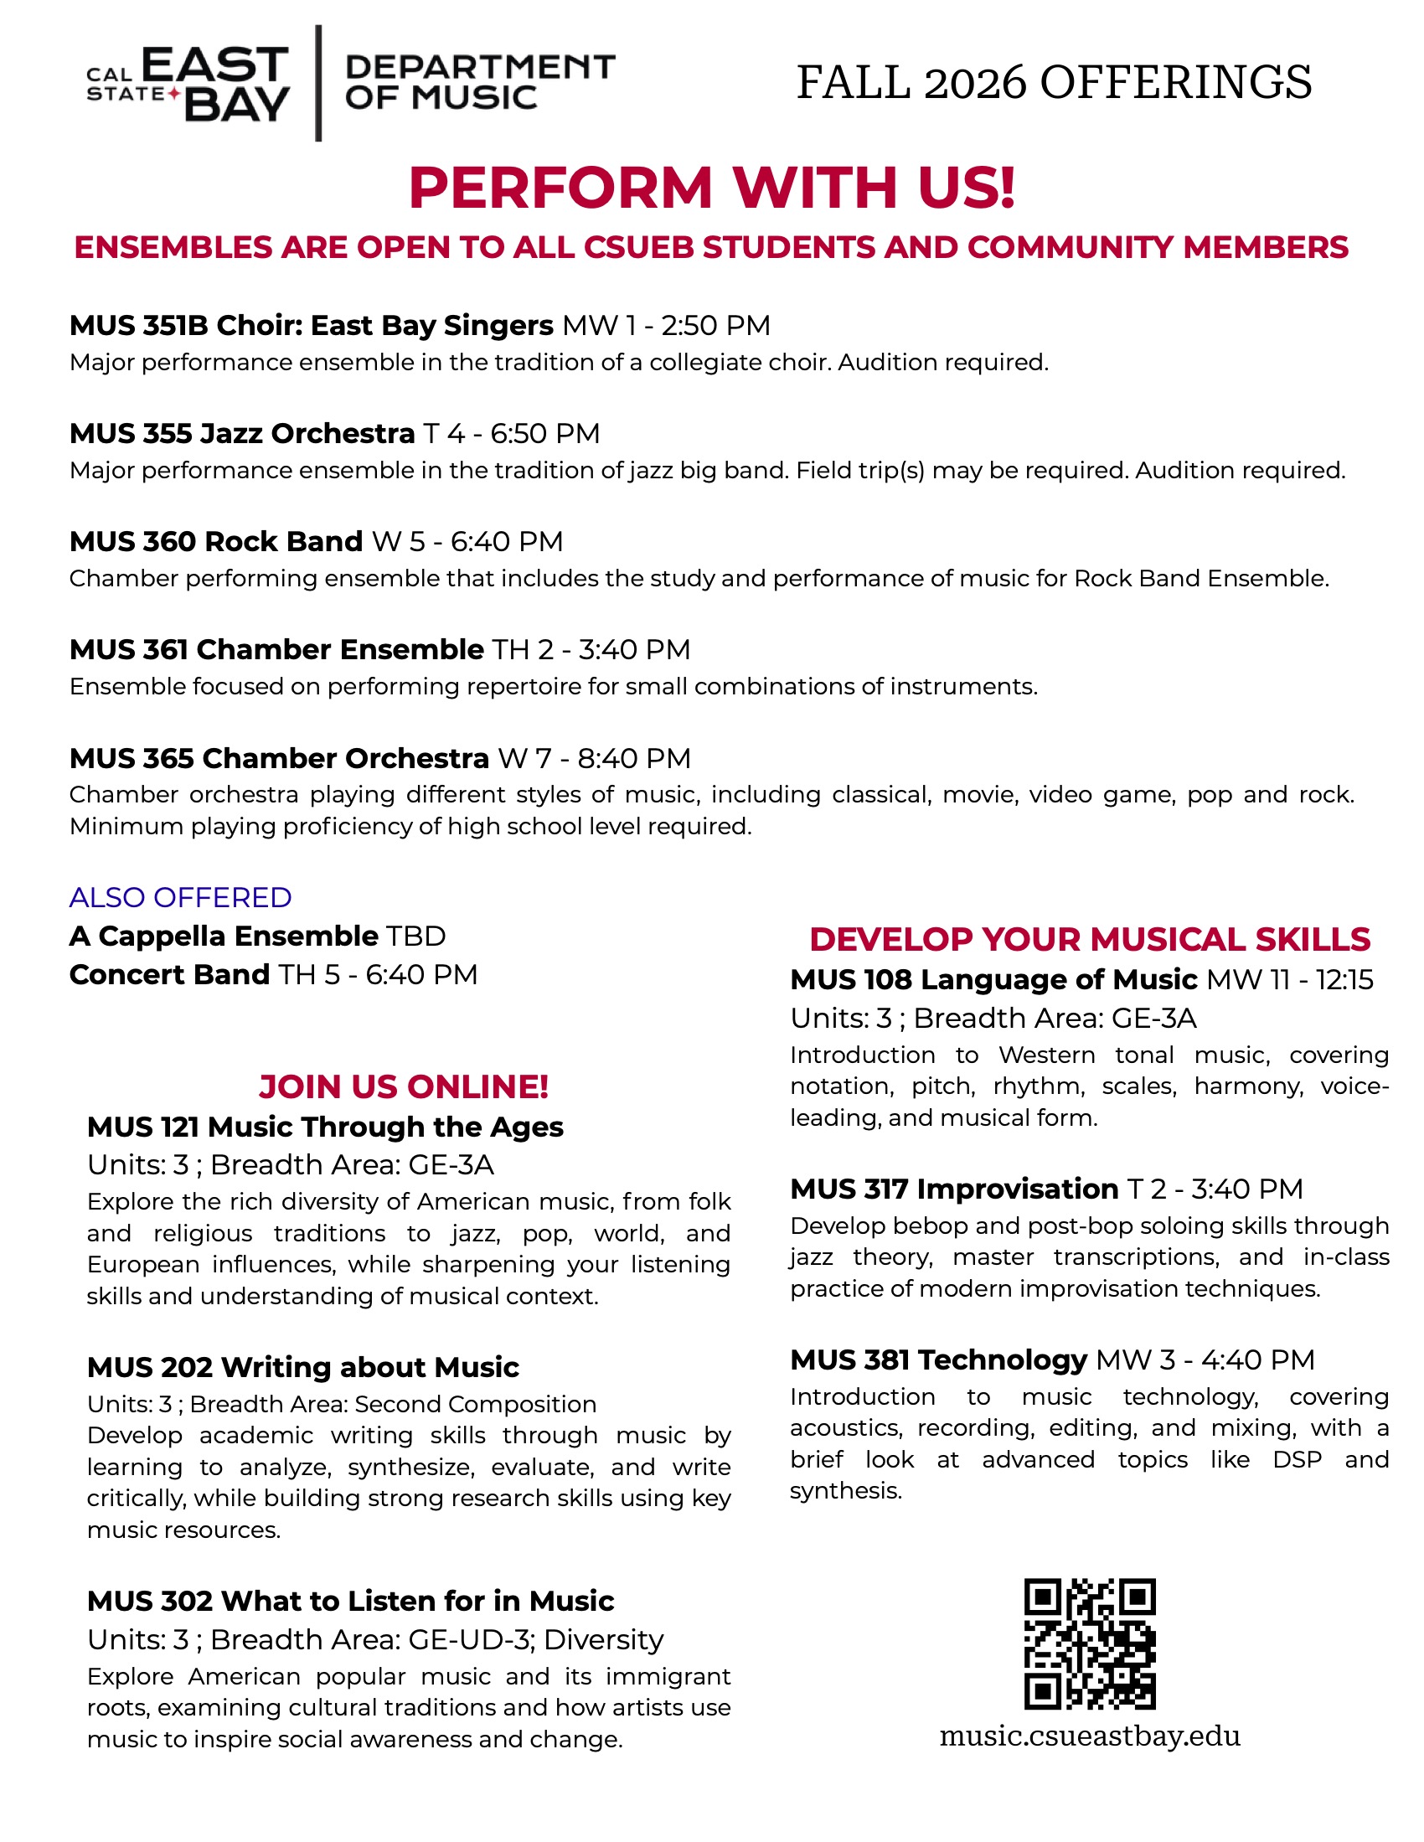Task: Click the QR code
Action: [1089, 1643]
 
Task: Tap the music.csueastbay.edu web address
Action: [1089, 1736]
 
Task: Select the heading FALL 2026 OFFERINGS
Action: [1054, 83]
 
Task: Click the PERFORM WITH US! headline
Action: [712, 187]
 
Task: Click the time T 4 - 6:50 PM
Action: [511, 434]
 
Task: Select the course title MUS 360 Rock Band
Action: [216, 541]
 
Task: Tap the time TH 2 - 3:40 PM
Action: [591, 649]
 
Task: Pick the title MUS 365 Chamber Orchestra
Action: [279, 758]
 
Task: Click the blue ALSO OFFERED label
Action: [181, 897]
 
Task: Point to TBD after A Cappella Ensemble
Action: [416, 936]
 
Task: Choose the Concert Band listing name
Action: [168, 975]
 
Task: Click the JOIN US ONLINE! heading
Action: [403, 1087]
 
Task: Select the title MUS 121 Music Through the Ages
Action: [325, 1127]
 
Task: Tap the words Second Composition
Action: [475, 1404]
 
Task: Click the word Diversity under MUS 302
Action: [603, 1639]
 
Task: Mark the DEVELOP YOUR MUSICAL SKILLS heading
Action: [1089, 940]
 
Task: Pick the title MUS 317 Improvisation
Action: [954, 1189]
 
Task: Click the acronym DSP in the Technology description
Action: [1297, 1460]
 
